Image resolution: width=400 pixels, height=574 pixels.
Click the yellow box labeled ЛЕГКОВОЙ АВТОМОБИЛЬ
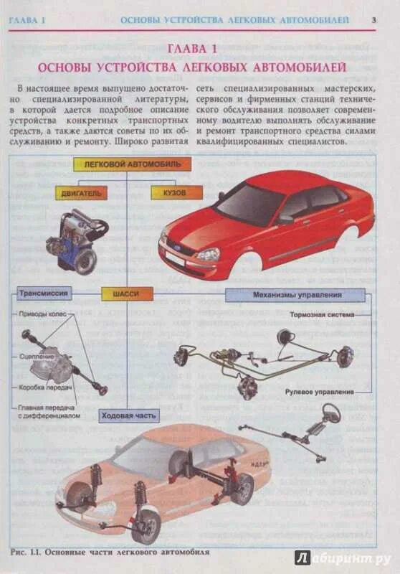(x=132, y=164)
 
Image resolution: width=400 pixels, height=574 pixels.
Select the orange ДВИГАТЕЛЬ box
(x=80, y=192)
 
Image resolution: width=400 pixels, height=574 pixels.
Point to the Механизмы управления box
(x=296, y=295)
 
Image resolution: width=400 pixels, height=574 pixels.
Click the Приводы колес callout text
(x=40, y=314)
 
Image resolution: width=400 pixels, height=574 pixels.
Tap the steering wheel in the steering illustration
(x=331, y=413)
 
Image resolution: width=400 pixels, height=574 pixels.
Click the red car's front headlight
(x=209, y=254)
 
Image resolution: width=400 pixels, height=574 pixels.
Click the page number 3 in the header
(x=373, y=19)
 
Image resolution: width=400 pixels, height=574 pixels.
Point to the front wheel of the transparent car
(x=146, y=526)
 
